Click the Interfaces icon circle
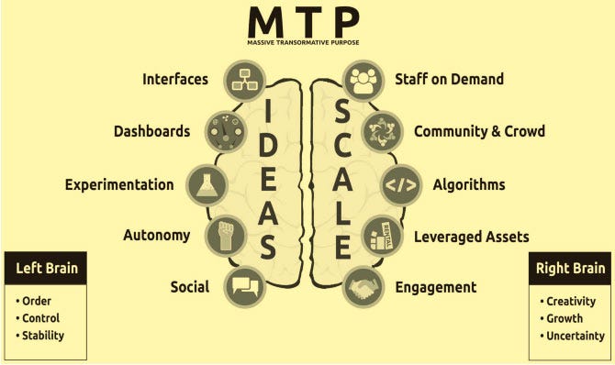tap(245, 80)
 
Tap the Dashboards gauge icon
tap(224, 130)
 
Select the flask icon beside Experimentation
tap(207, 183)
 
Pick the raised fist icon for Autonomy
tap(224, 235)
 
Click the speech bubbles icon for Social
tap(245, 287)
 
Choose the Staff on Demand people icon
tap(363, 80)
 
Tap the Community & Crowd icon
tap(382, 130)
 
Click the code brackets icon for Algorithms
tap(401, 183)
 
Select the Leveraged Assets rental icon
tap(383, 236)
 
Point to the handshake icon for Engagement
tap(364, 287)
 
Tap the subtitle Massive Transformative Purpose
tap(304, 43)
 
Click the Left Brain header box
tap(46, 269)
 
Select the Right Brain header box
tap(571, 269)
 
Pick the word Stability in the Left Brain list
tap(44, 336)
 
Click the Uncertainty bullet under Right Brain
tap(576, 336)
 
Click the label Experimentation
tap(118, 184)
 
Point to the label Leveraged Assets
tap(471, 237)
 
